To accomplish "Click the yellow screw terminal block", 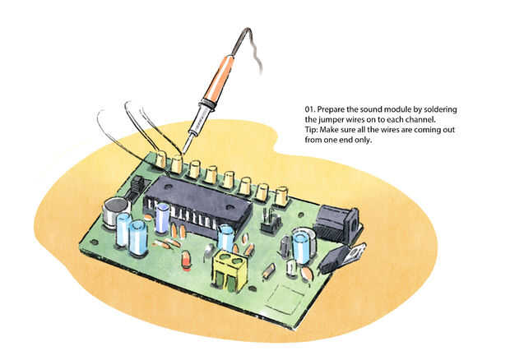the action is click(229, 270).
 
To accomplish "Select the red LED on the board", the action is click(187, 259).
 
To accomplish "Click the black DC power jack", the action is click(338, 224).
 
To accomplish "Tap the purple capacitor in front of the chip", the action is click(162, 218).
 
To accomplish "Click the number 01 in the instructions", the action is click(309, 109).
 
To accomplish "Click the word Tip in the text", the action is click(310, 130).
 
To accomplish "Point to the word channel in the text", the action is click(423, 119).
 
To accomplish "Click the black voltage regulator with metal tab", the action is click(341, 257).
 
